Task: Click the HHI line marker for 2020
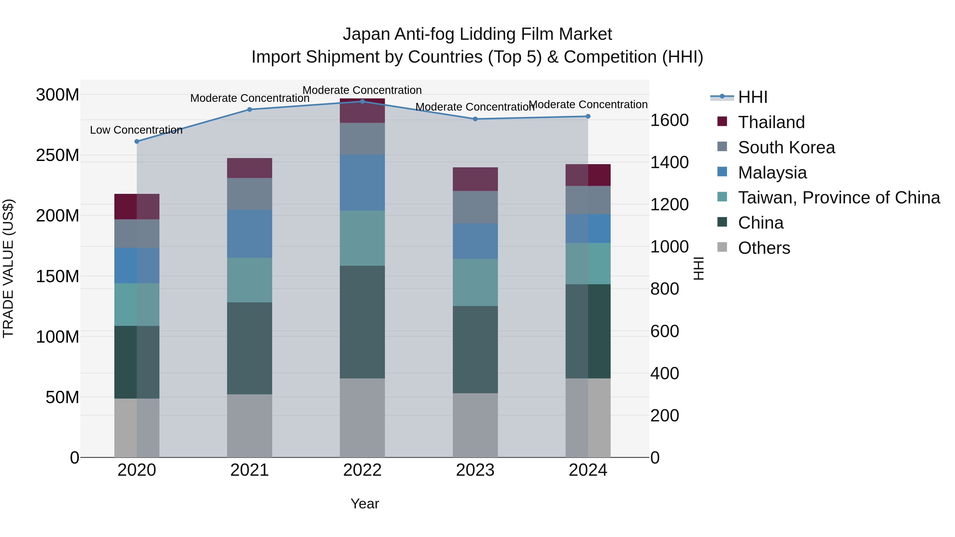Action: coord(137,141)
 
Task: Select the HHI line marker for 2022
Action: coord(363,101)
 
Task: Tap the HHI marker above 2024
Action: coord(588,116)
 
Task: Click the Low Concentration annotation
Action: coord(136,130)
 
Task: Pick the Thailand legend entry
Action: coord(771,122)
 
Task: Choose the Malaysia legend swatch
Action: coord(722,172)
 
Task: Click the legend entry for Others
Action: coord(764,248)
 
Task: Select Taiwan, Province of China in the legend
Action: coord(839,198)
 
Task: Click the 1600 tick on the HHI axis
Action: coord(670,120)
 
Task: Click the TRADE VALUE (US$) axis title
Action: coord(8,268)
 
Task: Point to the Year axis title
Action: coord(365,504)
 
